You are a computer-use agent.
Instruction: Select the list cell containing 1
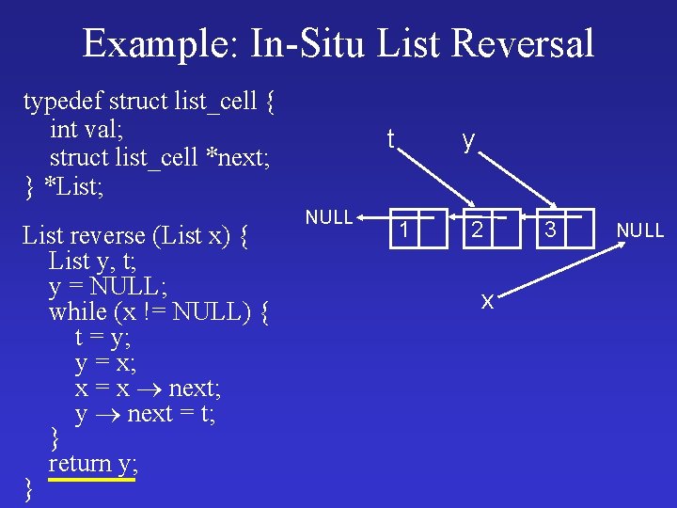coord(406,230)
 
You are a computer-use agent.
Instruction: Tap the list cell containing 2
coord(479,230)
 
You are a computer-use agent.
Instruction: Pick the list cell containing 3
coord(552,230)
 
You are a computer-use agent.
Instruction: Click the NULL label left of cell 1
coord(329,217)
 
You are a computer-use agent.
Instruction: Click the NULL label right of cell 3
coord(640,230)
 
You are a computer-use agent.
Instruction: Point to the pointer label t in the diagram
coord(390,139)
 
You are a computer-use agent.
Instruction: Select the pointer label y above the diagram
coord(467,141)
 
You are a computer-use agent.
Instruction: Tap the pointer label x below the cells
coord(487,301)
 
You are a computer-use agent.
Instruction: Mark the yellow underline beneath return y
coord(92,480)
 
